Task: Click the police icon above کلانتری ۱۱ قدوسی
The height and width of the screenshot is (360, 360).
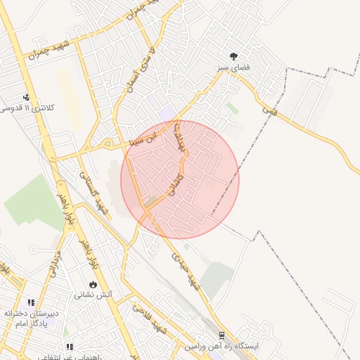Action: pos(27,98)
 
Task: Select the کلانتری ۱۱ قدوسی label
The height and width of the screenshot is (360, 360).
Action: pos(26,108)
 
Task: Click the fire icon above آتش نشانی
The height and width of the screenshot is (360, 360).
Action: pos(93,284)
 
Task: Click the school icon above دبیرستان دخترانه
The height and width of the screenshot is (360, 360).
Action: pos(31,302)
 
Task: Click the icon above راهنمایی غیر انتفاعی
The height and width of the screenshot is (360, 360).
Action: pos(69,347)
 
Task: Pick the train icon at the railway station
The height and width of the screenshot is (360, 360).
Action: pos(222,336)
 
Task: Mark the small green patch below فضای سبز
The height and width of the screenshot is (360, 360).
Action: pos(232,108)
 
